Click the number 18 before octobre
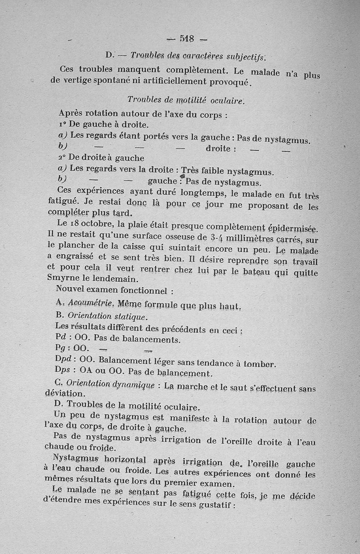(76, 224)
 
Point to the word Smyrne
(63, 279)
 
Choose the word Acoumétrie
(84, 304)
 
